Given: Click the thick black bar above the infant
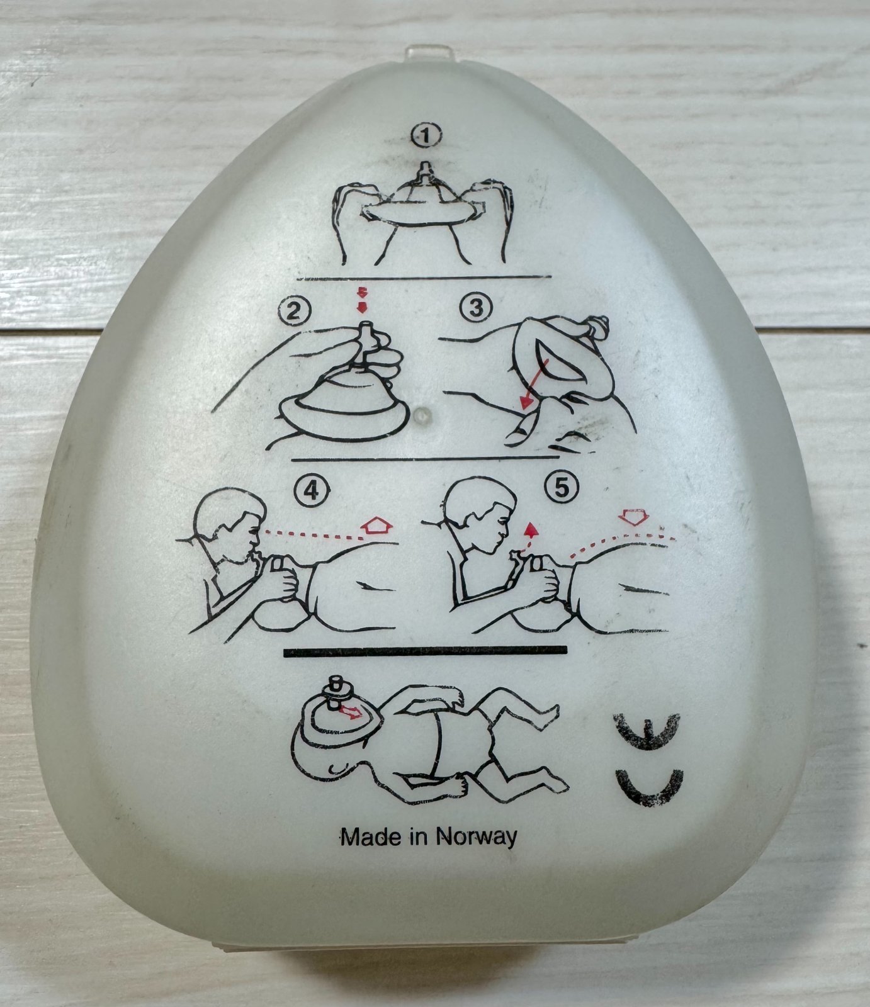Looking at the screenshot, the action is click(426, 651).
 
